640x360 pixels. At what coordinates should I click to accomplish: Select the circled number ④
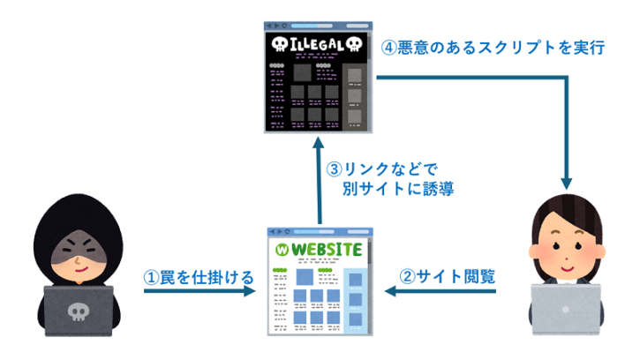click(x=388, y=48)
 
